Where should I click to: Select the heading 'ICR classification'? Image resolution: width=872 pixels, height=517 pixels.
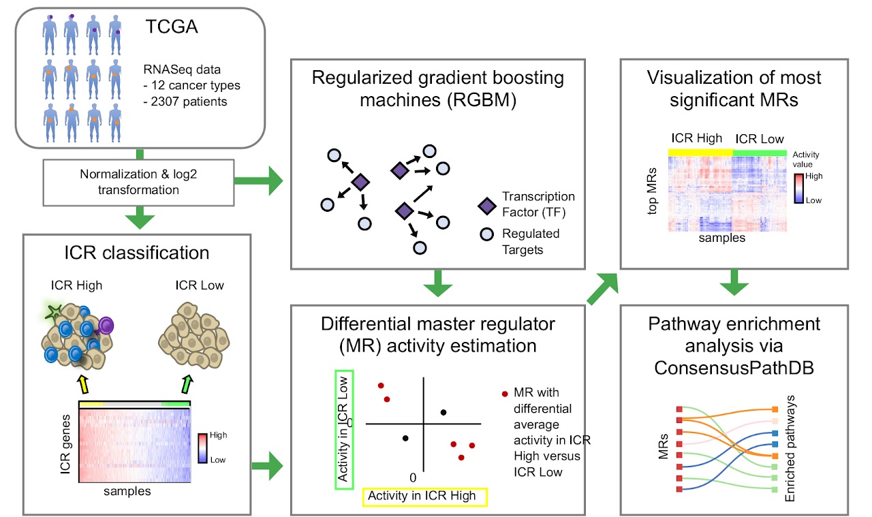(x=133, y=253)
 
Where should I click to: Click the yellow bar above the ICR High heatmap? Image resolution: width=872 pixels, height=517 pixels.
(x=700, y=152)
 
